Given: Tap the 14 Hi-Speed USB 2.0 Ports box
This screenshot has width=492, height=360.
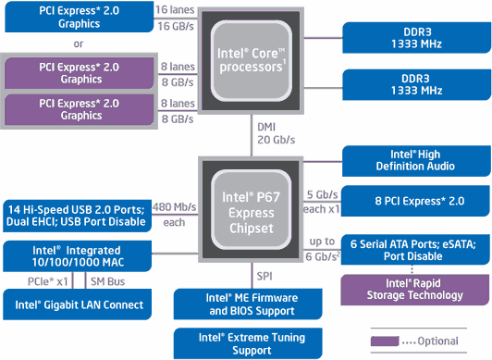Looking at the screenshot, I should tap(76, 215).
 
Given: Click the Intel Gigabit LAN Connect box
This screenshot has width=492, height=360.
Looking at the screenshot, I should tap(76, 304).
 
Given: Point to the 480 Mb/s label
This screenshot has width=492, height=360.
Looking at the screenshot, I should tap(173, 205).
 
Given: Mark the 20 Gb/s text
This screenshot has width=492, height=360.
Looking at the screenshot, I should tap(276, 139).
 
